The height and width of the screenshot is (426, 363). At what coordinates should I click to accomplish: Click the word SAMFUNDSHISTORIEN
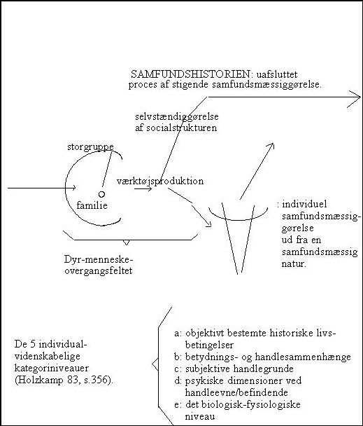pyautogui.click(x=190, y=74)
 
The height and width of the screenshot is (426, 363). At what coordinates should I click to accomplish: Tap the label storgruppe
pyautogui.click(x=90, y=147)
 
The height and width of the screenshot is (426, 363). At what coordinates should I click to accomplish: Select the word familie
pyautogui.click(x=92, y=205)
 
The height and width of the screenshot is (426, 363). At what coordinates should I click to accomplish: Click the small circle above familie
pyautogui.click(x=101, y=194)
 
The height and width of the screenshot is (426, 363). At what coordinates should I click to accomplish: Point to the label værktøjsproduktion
pyautogui.click(x=160, y=181)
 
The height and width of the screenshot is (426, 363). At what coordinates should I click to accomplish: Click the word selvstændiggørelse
pyautogui.click(x=177, y=117)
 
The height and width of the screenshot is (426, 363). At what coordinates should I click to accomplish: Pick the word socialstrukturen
pyautogui.click(x=182, y=128)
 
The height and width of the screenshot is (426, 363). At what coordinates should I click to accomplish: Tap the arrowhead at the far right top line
pyautogui.click(x=359, y=97)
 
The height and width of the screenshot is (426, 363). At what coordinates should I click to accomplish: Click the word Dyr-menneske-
pyautogui.click(x=99, y=259)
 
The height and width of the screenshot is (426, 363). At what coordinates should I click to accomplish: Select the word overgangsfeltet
pyautogui.click(x=99, y=271)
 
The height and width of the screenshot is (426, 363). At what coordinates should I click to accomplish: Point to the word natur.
pyautogui.click(x=294, y=264)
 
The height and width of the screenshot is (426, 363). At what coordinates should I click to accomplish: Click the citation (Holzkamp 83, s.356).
pyautogui.click(x=64, y=380)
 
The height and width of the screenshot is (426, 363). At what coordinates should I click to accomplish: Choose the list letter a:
pyautogui.click(x=178, y=334)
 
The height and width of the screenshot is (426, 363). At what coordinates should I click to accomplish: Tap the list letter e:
pyautogui.click(x=178, y=405)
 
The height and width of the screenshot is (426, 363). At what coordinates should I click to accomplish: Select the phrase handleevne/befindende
pyautogui.click(x=236, y=392)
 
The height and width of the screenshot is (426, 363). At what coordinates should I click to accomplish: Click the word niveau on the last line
pyautogui.click(x=199, y=416)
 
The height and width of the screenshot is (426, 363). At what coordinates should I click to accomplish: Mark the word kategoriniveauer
pyautogui.click(x=52, y=369)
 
